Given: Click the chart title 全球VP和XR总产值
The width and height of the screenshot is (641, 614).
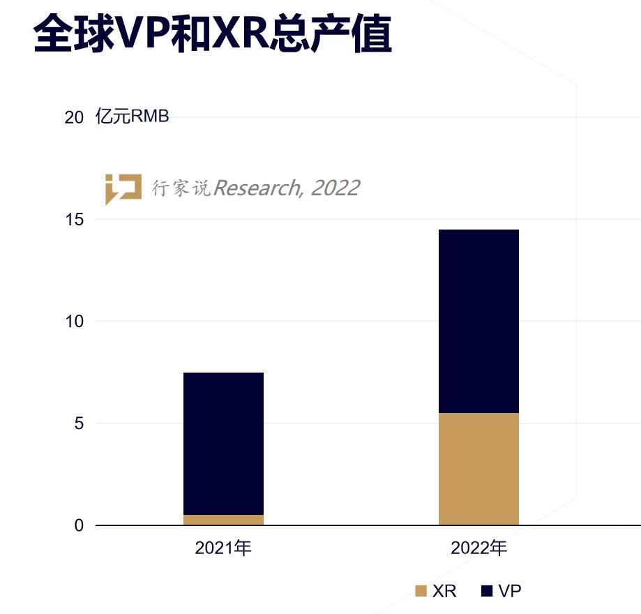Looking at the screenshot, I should pos(212,34).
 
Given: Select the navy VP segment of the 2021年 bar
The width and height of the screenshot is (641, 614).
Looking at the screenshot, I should pos(223,443).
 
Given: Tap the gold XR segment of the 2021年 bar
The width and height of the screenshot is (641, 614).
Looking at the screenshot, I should pos(223,520).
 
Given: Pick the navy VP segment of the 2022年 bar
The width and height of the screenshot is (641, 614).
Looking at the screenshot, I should pos(478,321).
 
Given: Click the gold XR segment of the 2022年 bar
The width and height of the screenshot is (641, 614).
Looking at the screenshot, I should pos(478,469).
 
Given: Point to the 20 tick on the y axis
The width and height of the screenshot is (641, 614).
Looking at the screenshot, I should pos(74,117).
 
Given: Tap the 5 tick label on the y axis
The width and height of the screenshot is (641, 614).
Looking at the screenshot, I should pos(79,424).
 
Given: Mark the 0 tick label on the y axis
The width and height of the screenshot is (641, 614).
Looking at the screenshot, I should pos(79,525).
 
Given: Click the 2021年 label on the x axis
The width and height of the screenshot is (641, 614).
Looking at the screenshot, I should pos(223,548).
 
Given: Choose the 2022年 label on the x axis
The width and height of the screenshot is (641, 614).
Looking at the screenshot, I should pos(478,548).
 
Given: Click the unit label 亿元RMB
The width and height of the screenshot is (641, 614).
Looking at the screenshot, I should pos(133,117).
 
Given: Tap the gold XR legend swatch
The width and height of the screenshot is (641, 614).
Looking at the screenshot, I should pos(421,592).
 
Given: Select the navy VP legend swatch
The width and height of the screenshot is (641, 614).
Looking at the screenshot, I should pos(487,592).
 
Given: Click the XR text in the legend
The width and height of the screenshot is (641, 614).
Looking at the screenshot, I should pos(444,592).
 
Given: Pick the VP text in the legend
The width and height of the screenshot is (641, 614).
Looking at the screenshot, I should pos(510,592).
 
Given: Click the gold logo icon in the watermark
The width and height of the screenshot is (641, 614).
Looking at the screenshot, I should pos(123,188).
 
